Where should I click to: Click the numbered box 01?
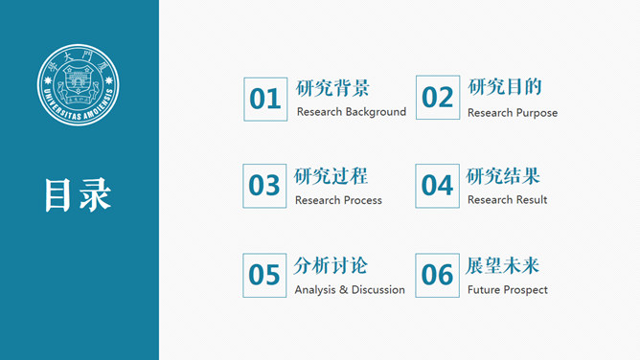coord(264,99)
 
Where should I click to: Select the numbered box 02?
coord(437,98)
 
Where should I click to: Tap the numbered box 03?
coord(264,186)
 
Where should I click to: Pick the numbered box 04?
coord(437,186)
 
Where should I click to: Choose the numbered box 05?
coord(264,276)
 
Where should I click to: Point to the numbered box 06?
coord(437,276)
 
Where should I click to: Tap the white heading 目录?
coord(78,193)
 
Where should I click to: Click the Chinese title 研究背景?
coord(332,88)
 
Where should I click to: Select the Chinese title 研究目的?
coord(505,87)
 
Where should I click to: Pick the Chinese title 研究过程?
coord(331,176)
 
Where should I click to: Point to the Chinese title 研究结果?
coord(503,176)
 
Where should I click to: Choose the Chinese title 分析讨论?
coord(331,266)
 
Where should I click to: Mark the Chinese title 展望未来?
coord(503,266)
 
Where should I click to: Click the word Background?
coord(376,112)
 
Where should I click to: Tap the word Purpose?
coord(537,113)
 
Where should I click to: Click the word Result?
coord(531,199)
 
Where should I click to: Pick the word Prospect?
coord(527,290)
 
